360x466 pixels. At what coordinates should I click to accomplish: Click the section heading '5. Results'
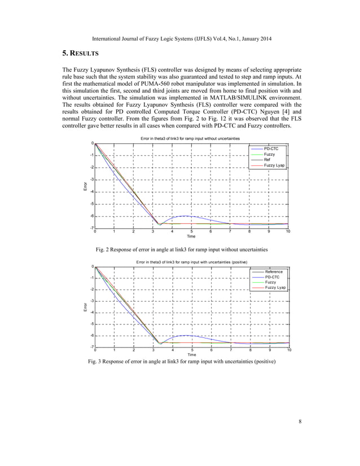80,54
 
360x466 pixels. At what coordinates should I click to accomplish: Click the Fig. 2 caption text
180,249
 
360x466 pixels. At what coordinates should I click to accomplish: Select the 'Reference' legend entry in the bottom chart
274,272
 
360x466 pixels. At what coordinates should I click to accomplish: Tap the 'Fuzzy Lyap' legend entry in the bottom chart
275,288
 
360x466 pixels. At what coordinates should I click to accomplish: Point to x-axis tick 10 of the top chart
288,231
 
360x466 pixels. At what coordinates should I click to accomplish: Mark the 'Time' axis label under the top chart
191,236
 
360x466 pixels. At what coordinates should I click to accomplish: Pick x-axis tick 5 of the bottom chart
192,350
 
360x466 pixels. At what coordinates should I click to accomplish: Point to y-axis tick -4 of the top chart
91,192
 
